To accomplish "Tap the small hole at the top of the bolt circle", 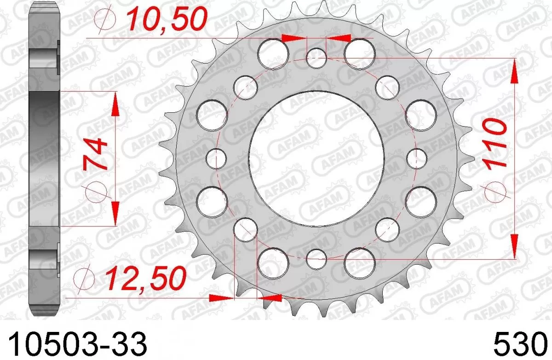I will [316, 58].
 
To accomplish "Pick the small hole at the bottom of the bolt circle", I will [316, 258].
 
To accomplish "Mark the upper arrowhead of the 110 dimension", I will [513, 69].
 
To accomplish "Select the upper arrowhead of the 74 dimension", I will [115, 103].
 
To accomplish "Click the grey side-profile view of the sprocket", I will [46, 158].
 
